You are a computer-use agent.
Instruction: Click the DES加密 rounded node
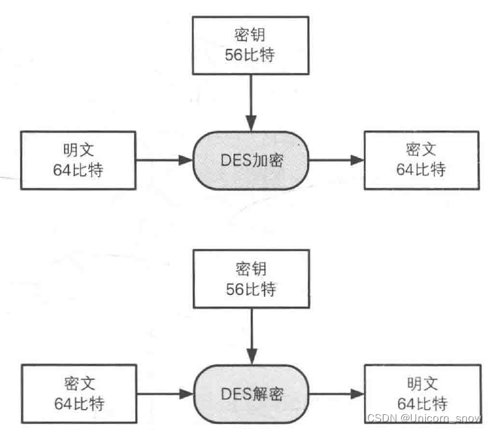250,159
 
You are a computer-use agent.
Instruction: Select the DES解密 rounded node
250,394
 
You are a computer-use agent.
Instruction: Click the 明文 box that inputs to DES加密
78,159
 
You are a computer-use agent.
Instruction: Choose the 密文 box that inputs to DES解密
78,394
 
